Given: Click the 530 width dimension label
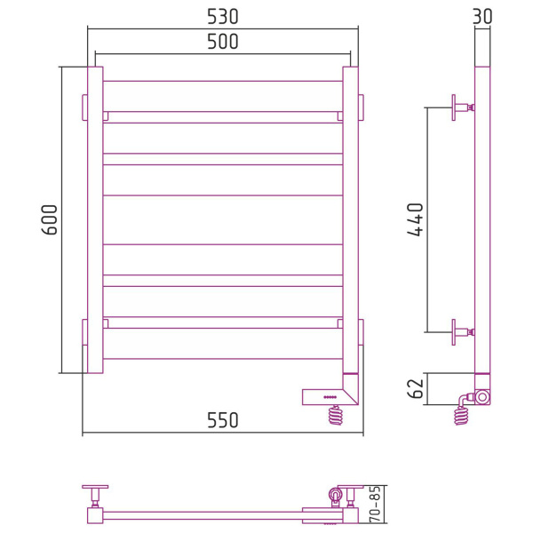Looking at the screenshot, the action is click(223, 16).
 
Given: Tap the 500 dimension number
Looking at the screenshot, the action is click(223, 42).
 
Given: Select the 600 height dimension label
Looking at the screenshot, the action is click(50, 219).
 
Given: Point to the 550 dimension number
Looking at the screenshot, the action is click(223, 420).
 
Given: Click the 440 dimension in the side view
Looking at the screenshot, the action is click(416, 219).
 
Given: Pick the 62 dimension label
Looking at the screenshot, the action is click(416, 388).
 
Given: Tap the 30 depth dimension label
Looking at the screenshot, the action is click(482, 16).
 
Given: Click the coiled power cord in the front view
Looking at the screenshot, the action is click(336, 415).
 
